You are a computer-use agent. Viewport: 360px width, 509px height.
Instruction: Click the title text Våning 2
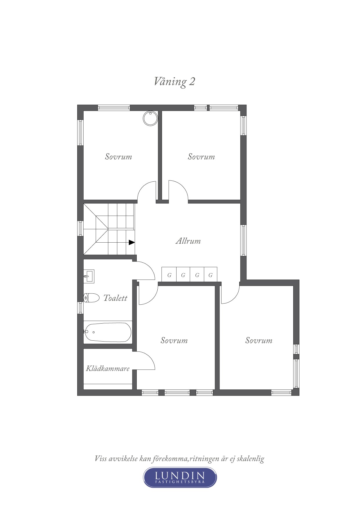click(x=174, y=82)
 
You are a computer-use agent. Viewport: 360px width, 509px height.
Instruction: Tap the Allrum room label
click(x=188, y=241)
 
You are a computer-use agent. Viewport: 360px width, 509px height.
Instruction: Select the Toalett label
click(x=115, y=298)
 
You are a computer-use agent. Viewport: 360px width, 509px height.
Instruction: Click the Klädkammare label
click(x=107, y=369)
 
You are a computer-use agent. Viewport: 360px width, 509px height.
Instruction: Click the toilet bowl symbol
click(x=91, y=298)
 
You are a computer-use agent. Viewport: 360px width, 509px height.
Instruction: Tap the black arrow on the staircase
click(x=132, y=242)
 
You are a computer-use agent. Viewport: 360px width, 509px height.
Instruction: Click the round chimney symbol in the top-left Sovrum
click(x=150, y=118)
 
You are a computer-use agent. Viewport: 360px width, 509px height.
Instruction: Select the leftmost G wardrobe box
click(x=169, y=275)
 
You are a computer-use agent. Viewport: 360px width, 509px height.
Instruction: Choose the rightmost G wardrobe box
click(x=210, y=275)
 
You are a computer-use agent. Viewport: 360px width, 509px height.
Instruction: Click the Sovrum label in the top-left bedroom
click(x=118, y=157)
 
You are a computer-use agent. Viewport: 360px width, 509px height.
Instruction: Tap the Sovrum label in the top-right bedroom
click(x=201, y=157)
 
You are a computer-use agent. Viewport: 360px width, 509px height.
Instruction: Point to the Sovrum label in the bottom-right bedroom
click(x=259, y=340)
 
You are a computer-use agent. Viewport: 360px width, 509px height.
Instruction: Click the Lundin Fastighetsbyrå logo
click(x=180, y=477)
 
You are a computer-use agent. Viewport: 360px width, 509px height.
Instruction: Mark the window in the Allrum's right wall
click(x=243, y=240)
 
